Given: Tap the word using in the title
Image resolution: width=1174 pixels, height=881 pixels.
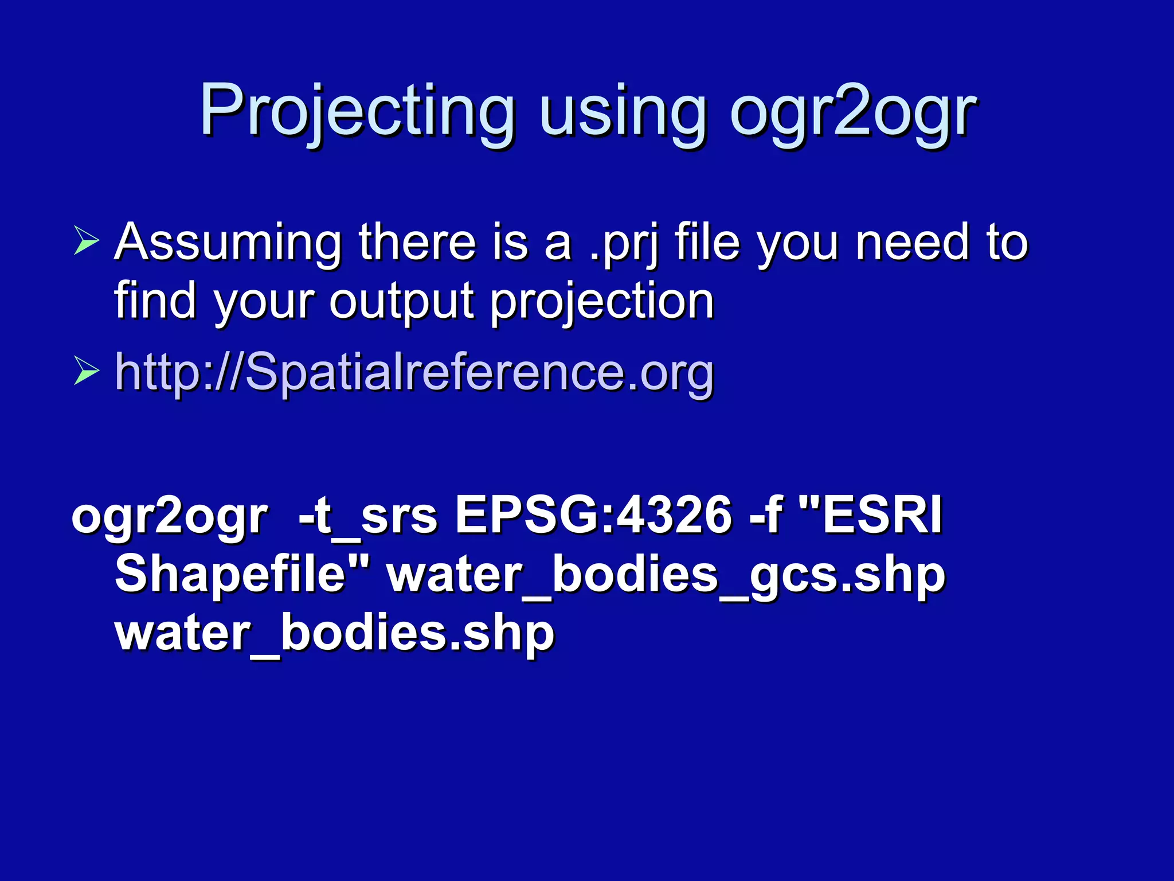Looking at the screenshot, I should click(x=623, y=112).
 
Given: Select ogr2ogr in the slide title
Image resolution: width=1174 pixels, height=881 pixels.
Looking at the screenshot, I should click(x=854, y=112).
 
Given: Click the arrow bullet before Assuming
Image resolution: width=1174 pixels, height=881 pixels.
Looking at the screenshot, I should click(x=87, y=240).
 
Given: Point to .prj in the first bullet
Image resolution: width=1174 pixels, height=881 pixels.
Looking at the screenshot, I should click(x=625, y=244).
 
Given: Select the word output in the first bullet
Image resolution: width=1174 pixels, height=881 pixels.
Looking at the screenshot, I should click(x=402, y=302).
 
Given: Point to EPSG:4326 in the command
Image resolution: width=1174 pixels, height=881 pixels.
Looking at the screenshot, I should click(x=593, y=515).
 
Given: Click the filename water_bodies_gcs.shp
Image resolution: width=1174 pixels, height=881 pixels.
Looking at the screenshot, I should click(x=666, y=576).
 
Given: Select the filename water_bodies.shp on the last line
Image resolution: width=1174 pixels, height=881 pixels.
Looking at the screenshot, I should click(x=335, y=634).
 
